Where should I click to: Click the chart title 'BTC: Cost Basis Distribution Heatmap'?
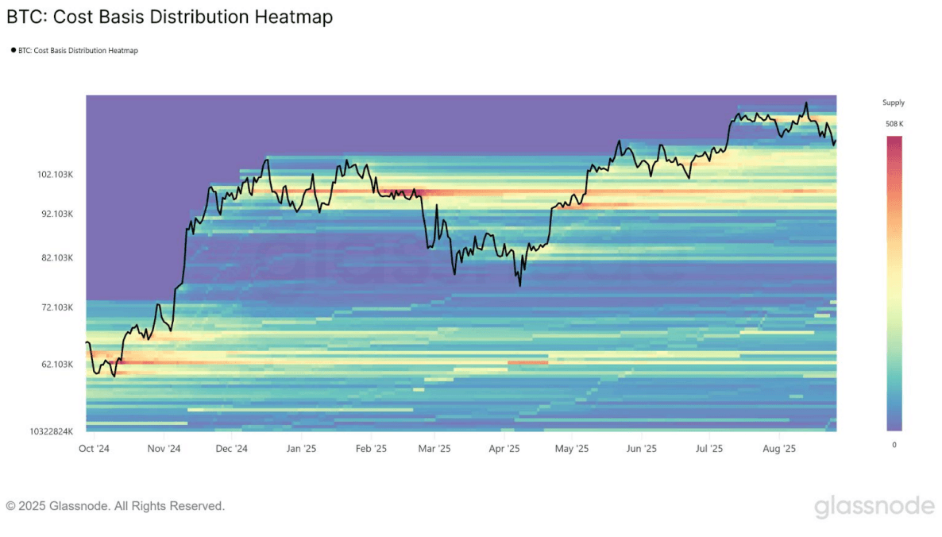[169, 17]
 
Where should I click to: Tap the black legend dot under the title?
[13, 50]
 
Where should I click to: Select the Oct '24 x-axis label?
[94, 449]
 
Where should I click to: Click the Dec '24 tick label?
[231, 449]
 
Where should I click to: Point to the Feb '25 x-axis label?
[371, 449]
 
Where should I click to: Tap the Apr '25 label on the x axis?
[504, 449]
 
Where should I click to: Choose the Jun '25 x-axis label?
[642, 449]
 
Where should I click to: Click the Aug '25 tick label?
[779, 449]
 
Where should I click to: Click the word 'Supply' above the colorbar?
[894, 102]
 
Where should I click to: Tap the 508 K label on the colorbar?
[894, 124]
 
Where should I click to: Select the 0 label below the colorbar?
[894, 445]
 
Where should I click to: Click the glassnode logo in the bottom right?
[874, 506]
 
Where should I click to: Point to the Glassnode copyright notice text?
[115, 506]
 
